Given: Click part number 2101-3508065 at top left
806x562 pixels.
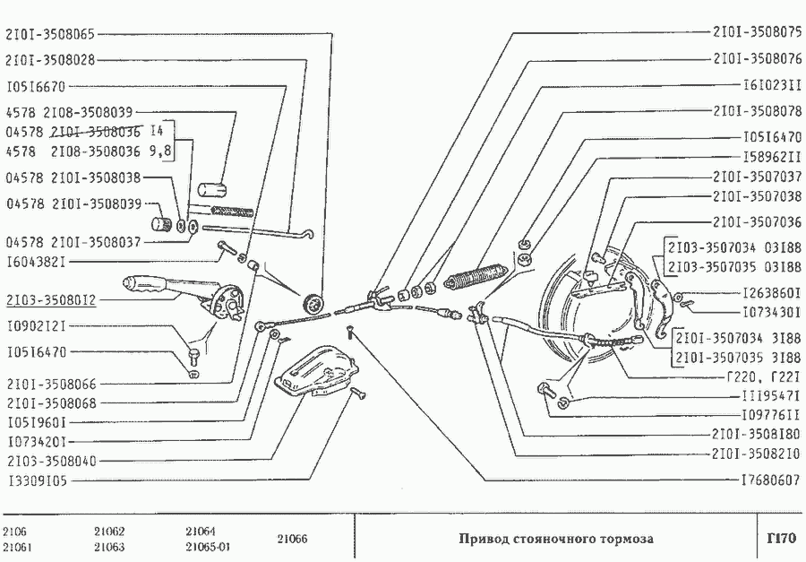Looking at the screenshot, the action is [50, 34].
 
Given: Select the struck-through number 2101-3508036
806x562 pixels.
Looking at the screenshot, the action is [96, 132].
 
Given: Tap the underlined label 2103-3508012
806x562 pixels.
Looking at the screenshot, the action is [51, 300].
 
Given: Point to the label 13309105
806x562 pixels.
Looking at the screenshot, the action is [38, 480].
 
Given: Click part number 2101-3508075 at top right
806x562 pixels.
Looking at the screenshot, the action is [757, 32].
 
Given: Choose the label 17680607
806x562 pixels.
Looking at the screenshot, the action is [771, 480].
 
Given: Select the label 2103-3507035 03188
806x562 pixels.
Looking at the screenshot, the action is [734, 267].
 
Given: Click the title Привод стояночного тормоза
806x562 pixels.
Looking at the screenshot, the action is [555, 539].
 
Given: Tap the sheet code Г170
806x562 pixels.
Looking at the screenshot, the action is [781, 539].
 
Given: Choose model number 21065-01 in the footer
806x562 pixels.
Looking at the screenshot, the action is [208, 547].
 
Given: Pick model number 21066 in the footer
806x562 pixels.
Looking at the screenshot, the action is [292, 539].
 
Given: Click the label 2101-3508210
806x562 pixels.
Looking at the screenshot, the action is [757, 454].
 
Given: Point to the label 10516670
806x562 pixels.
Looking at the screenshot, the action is [37, 86].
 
